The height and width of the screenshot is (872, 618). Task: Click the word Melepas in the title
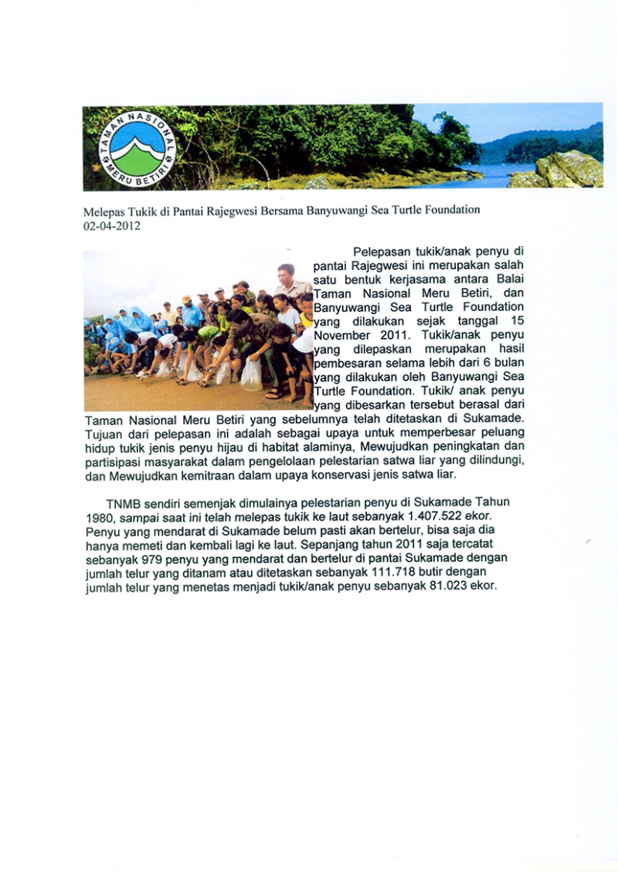(103, 210)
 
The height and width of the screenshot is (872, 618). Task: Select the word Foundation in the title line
(452, 210)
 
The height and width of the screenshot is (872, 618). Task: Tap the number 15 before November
(517, 322)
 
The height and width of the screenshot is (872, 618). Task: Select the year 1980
(99, 516)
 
